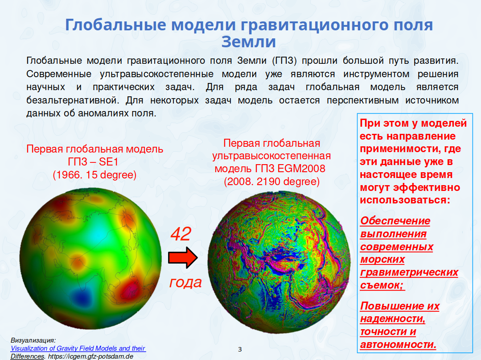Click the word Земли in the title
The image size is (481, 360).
[248, 42]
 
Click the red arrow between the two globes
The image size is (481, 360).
[183, 257]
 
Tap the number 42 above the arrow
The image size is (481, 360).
[181, 234]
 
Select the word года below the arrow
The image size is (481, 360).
[185, 282]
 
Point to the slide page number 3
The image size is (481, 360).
[240, 349]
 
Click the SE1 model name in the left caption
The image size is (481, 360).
[108, 162]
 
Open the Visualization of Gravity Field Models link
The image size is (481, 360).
[78, 348]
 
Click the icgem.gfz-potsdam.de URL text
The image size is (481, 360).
[91, 356]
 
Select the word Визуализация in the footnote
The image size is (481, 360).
[33, 340]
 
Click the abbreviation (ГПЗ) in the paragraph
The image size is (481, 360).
[284, 61]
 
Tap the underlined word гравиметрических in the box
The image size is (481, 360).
[409, 273]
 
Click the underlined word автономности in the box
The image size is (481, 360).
[398, 345]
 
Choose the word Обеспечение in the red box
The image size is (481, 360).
[395, 221]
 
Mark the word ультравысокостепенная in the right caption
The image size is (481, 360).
[271, 156]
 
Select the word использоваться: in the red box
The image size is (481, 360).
[405, 200]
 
